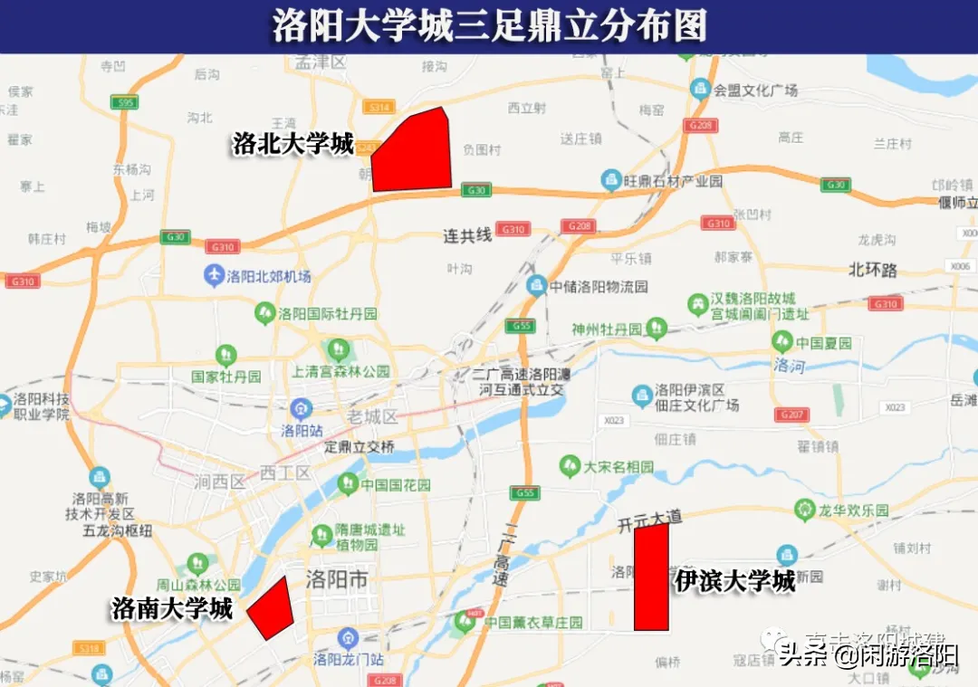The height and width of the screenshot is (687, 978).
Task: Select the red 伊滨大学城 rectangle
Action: [x=650, y=577]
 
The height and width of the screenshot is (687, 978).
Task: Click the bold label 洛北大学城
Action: [x=292, y=143]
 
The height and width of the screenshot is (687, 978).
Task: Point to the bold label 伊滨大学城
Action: [x=734, y=580]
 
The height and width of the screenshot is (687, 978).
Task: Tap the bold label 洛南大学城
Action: [x=172, y=608]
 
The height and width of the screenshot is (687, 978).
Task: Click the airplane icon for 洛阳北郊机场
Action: [x=214, y=275]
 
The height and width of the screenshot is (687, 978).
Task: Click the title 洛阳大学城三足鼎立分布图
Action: [x=489, y=26]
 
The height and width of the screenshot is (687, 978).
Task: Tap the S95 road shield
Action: [x=127, y=103]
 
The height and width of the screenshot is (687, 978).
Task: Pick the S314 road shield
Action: [x=379, y=108]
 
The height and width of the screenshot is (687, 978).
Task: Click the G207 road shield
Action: [x=791, y=415]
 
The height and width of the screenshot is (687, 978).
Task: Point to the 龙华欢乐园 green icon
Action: [x=802, y=510]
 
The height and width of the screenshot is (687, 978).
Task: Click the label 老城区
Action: [x=372, y=417]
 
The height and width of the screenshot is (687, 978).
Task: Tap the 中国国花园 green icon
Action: [x=347, y=484]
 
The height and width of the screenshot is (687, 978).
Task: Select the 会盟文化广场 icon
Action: [x=699, y=89]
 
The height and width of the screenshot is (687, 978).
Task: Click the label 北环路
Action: [x=873, y=270]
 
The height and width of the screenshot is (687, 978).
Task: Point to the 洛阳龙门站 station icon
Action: [x=347, y=639]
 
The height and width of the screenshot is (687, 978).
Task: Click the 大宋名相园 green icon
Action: [x=570, y=466]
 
